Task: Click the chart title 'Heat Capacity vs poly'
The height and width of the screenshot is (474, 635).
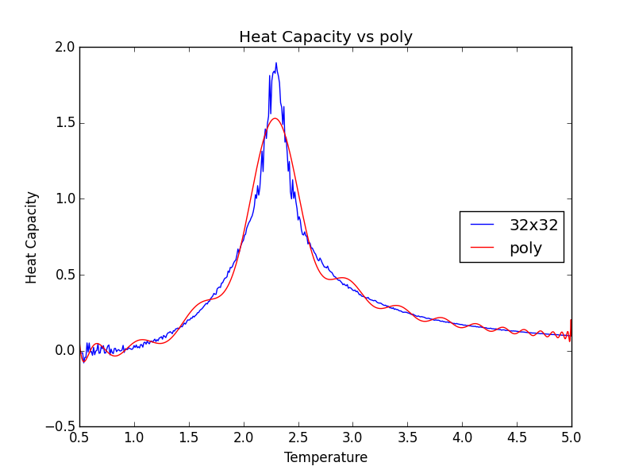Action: click(x=325, y=37)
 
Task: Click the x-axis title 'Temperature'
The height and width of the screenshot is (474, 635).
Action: click(x=325, y=458)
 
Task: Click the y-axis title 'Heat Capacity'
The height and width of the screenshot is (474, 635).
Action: click(x=32, y=237)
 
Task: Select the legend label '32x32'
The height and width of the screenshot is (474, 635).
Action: click(x=533, y=225)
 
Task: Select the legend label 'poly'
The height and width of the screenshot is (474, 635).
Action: click(x=525, y=249)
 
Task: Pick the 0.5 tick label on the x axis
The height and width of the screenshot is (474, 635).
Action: click(x=79, y=437)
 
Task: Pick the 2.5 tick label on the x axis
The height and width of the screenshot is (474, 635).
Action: click(x=298, y=437)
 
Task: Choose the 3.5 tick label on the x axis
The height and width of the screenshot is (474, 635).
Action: click(x=408, y=437)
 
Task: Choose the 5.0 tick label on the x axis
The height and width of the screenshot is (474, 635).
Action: click(x=571, y=437)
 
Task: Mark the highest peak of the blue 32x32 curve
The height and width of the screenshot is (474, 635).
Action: click(x=276, y=64)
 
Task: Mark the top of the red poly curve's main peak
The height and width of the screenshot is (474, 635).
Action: click(x=275, y=118)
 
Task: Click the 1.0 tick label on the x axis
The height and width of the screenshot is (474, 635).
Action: click(x=134, y=437)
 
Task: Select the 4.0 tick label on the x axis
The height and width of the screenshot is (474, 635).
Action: click(x=462, y=437)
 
